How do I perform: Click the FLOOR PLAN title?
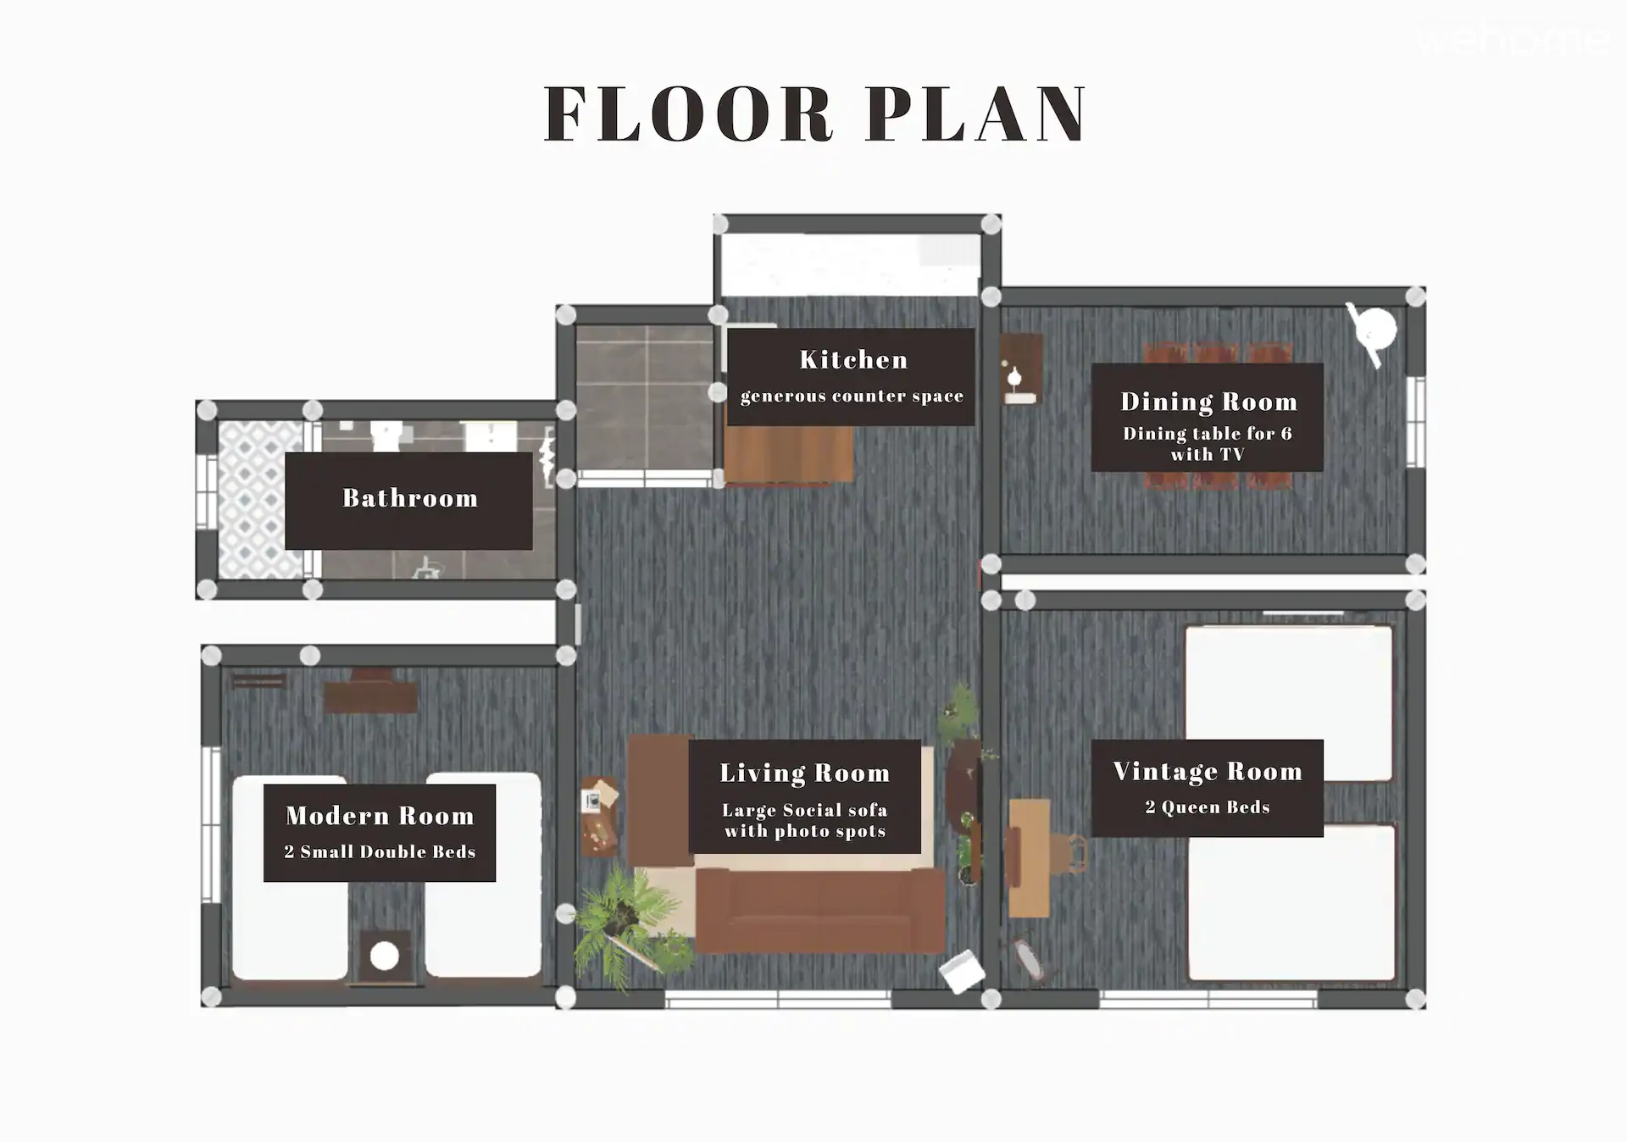click(815, 114)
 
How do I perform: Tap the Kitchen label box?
click(852, 377)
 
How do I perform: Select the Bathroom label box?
click(409, 501)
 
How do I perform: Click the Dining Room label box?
click(1208, 418)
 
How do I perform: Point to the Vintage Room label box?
click(1208, 789)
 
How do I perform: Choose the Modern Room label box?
click(380, 833)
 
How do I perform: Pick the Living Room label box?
click(805, 796)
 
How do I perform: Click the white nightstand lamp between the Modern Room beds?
click(385, 956)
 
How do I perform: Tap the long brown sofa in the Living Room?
click(820, 911)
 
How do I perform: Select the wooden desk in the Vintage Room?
click(1029, 857)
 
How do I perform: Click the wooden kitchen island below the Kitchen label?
click(789, 455)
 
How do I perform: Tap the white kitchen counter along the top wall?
click(850, 264)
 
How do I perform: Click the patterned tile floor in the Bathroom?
click(260, 501)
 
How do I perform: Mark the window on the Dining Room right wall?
click(1415, 422)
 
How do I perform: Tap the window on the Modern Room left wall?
click(210, 825)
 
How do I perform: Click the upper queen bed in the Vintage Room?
click(1288, 703)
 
